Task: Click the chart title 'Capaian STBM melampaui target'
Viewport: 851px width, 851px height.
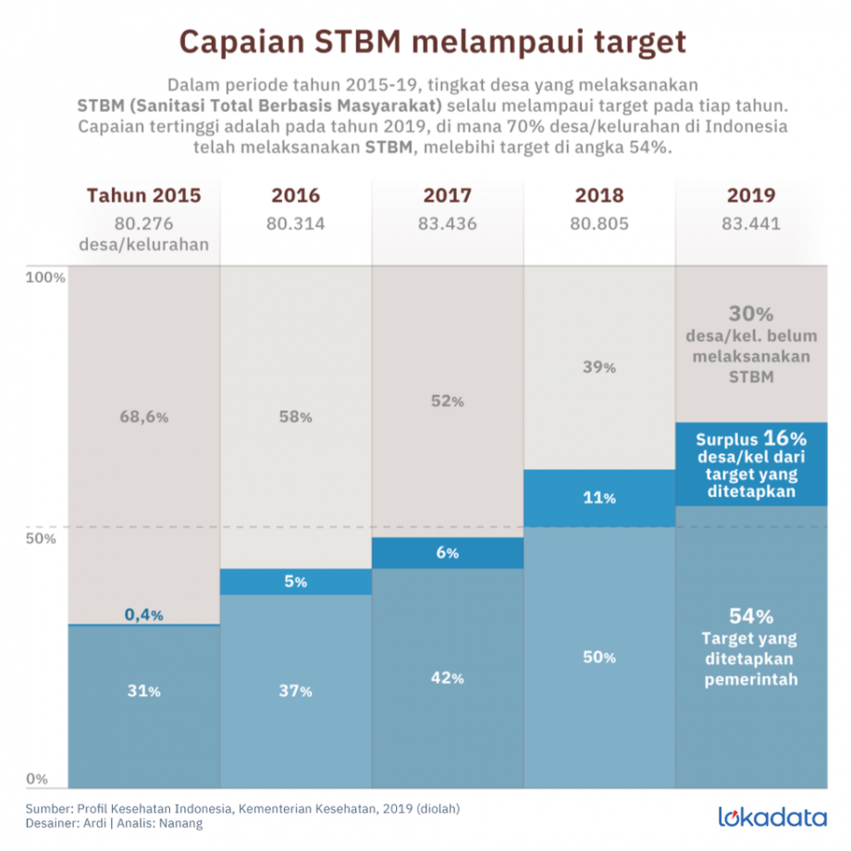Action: click(432, 42)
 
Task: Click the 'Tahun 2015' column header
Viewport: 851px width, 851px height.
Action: click(143, 196)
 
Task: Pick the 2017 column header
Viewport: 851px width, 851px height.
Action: click(448, 196)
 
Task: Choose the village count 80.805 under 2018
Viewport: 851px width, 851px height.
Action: click(599, 223)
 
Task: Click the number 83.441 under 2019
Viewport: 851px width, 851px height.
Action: click(751, 223)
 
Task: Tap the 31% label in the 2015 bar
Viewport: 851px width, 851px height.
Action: click(144, 691)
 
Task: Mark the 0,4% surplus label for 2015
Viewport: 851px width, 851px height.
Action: click(144, 615)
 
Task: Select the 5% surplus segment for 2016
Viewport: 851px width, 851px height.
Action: click(296, 582)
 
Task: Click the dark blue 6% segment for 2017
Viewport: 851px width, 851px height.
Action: click(448, 553)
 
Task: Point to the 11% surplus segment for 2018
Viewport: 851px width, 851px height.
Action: click(599, 499)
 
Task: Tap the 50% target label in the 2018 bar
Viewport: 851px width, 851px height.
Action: click(599, 658)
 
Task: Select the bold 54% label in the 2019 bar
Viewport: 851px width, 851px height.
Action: click(751, 617)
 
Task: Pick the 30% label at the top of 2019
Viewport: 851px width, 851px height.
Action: click(751, 314)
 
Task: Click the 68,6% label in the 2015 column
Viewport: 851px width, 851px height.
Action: click(144, 417)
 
